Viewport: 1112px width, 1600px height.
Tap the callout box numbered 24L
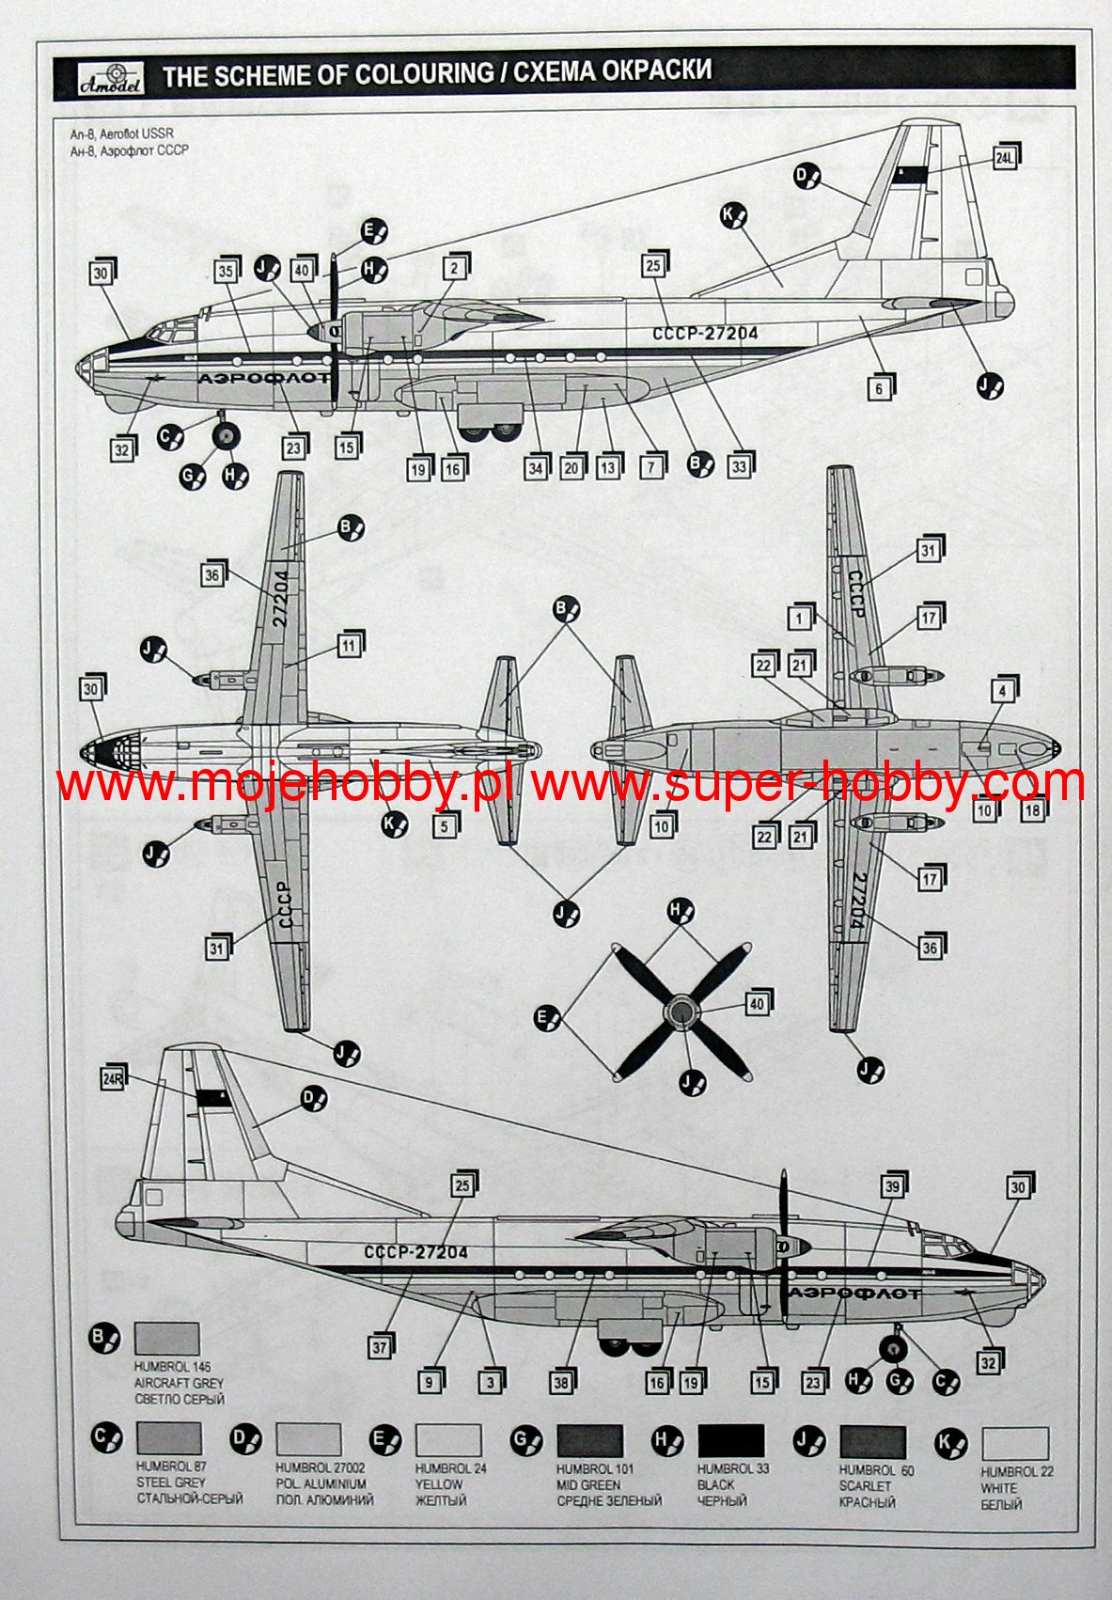click(1003, 158)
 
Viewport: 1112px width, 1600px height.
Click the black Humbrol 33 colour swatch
click(730, 1441)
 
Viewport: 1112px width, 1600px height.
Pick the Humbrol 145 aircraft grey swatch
click(166, 1339)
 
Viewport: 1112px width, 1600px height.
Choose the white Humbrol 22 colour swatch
click(1014, 1443)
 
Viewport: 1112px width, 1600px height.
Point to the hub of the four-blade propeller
click(681, 1012)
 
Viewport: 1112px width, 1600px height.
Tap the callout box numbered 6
click(879, 387)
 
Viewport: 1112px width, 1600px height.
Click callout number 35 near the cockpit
click(226, 272)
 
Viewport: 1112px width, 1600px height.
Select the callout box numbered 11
click(349, 646)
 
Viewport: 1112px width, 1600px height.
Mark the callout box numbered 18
click(1031, 809)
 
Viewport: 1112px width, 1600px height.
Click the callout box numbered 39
click(891, 1187)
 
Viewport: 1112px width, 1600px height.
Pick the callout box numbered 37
click(379, 1346)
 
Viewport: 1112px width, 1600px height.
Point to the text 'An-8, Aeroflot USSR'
click(121, 134)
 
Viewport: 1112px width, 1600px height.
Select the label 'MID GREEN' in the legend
click(588, 1484)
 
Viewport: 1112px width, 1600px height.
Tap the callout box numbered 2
click(453, 268)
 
